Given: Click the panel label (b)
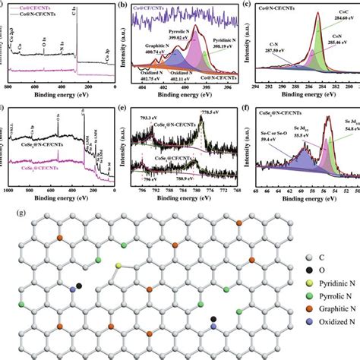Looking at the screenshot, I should (127, 5).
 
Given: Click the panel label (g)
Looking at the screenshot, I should (8, 207).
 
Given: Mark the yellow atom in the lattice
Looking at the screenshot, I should (118, 265).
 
